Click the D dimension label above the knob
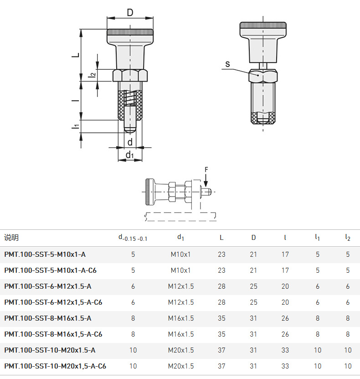pyautogui.click(x=130, y=12)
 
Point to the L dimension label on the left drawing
pyautogui.click(x=76, y=55)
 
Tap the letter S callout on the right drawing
pyautogui.click(x=227, y=64)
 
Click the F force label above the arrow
pyautogui.click(x=206, y=170)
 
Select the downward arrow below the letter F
pyautogui.click(x=206, y=180)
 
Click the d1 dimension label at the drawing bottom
pyautogui.click(x=130, y=155)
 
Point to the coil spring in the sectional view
pyautogui.click(x=130, y=98)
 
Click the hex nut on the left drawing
pyautogui.click(x=130, y=75)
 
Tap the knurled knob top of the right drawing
pyautogui.click(x=263, y=25)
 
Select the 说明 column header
pyautogui.click(x=11, y=238)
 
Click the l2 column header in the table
pyautogui.click(x=347, y=238)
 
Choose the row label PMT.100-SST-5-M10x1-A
pyautogui.click(x=45, y=254)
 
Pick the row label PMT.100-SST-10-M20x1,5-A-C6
pyautogui.click(x=55, y=366)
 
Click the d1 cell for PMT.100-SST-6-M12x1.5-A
pyautogui.click(x=181, y=286)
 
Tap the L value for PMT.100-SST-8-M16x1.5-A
pyautogui.click(x=221, y=318)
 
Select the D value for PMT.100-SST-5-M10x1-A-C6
pyautogui.click(x=253, y=270)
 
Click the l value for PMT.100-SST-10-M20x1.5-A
pyautogui.click(x=285, y=350)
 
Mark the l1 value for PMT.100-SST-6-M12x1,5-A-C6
pyautogui.click(x=318, y=302)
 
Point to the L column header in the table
pyautogui.click(x=221, y=238)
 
